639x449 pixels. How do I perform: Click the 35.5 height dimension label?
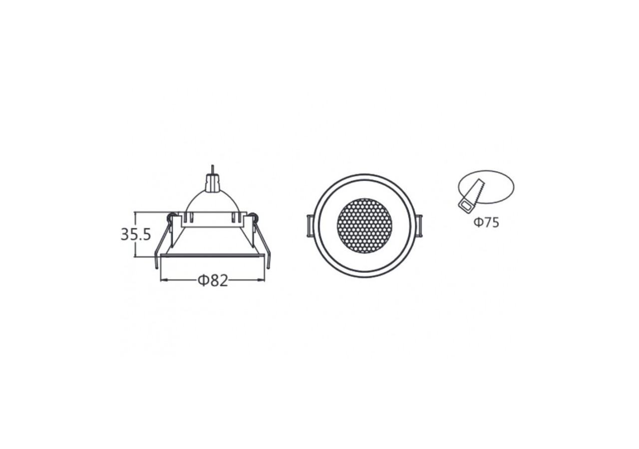[x=135, y=234]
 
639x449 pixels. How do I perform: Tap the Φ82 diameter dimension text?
[x=213, y=281]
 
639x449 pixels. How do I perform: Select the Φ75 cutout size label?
[x=486, y=223]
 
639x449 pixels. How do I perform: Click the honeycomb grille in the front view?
[x=364, y=226]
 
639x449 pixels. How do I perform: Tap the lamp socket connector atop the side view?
[x=212, y=183]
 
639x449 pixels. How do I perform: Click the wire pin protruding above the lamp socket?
[x=213, y=170]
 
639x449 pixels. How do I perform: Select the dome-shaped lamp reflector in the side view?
[x=212, y=202]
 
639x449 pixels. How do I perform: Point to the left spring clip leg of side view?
[x=161, y=244]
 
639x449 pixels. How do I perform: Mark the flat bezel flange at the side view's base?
[x=212, y=256]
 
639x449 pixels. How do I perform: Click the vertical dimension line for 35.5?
[x=136, y=249]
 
